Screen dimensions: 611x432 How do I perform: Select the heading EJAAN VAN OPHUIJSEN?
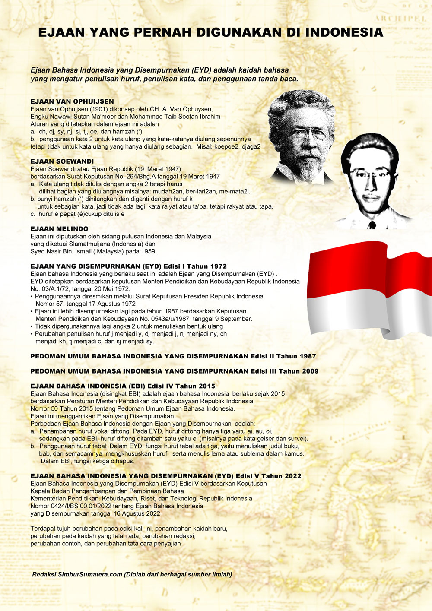tap(72, 101)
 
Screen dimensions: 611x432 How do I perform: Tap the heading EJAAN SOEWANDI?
tap(62, 161)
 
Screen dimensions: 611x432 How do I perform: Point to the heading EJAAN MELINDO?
tap(59, 229)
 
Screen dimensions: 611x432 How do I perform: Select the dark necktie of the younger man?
tap(372, 225)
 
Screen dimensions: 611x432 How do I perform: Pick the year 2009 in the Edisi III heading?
tap(310, 371)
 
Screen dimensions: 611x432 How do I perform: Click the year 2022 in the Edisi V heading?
tap(293, 476)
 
